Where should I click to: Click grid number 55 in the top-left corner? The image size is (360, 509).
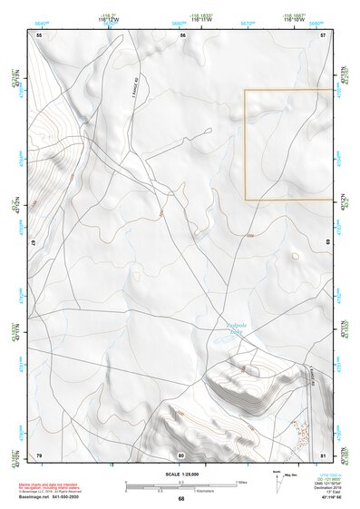(x=39, y=34)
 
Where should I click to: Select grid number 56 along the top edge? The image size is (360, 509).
(x=182, y=34)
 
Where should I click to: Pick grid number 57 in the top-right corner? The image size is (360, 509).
(x=323, y=34)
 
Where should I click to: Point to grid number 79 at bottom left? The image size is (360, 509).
(x=39, y=454)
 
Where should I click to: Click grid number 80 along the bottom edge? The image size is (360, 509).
(x=181, y=454)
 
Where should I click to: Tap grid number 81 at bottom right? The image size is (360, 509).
(x=323, y=454)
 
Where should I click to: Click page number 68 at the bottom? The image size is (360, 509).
(x=181, y=498)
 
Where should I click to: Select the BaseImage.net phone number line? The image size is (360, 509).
(x=51, y=498)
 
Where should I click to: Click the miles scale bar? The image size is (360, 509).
(x=181, y=483)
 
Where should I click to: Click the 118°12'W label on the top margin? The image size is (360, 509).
(x=108, y=18)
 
